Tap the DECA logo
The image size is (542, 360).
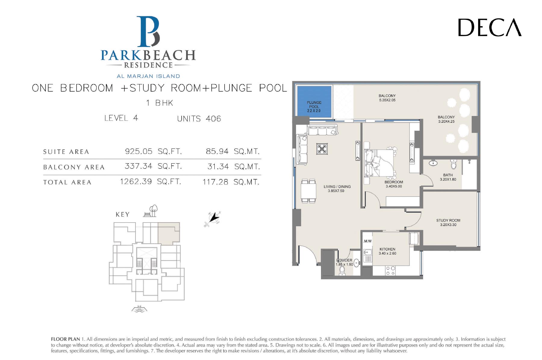coord(490,27)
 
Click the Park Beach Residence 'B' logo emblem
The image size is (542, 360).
coord(148,32)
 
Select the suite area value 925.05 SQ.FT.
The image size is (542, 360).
coord(153,151)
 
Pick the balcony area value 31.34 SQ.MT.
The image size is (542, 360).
coord(233,167)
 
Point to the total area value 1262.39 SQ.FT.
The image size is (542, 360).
coord(151,182)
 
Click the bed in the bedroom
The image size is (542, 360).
coord(379,163)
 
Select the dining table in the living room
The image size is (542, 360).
coord(308,191)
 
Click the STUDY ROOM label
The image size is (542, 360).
coord(448,221)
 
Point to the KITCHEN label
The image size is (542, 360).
coord(387,249)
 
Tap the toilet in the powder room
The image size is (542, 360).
coord(342,271)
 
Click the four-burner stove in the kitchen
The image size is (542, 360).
coord(391,271)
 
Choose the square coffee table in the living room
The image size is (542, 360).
coord(322,149)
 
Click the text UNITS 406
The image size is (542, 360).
coord(199,119)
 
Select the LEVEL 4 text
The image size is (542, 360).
coord(121,118)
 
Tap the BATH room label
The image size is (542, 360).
coord(448,175)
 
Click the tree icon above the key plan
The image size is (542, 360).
coord(153,210)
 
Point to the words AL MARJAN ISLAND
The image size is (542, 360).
coord(148,76)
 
